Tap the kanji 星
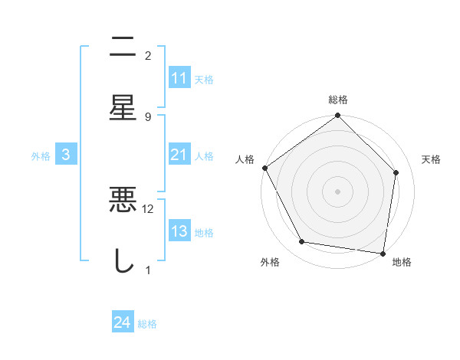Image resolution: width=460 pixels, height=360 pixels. tap(123, 108)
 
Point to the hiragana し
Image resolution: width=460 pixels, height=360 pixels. tap(123, 261)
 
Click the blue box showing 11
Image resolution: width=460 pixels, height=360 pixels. tap(179, 78)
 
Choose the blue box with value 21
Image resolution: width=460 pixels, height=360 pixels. tap(179, 155)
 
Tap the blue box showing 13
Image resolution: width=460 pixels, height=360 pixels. tap(179, 231)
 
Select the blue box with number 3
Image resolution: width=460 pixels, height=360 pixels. tap(66, 155)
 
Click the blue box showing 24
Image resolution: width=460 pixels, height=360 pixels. tap(122, 323)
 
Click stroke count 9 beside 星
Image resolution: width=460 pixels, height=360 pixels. tap(148, 116)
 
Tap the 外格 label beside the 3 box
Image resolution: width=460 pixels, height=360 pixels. tap(41, 155)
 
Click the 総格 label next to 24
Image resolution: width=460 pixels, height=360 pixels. tap(147, 324)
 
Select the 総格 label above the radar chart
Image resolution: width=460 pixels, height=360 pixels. tap(338, 100)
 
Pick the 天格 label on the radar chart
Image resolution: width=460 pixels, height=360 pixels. tap(432, 159)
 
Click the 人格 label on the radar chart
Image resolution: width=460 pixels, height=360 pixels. tap(245, 159)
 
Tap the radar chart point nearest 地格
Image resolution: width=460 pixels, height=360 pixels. tap(383, 252)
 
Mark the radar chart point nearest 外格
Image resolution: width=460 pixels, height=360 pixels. tap(302, 242)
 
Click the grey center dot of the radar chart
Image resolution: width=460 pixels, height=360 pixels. tap(338, 191)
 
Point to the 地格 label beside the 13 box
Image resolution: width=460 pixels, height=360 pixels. tap(204, 232)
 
